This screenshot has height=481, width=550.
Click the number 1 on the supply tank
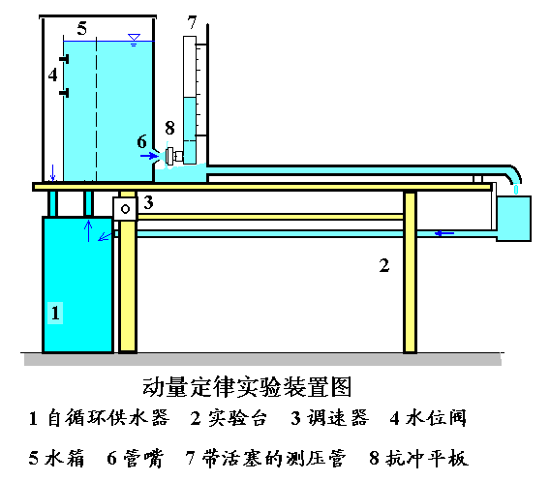coord(55,313)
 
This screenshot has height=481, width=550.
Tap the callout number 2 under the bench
coord(384,265)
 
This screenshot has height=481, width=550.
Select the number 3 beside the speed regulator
coord(148,202)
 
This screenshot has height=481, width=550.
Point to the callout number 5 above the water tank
coord(82,28)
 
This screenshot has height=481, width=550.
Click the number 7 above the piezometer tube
coord(192,22)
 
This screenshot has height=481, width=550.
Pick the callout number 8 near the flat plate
coord(169,128)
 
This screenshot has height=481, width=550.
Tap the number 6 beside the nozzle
coord(141,141)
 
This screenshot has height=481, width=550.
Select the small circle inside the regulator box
coord(125,209)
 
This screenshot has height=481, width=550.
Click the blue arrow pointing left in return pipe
coord(444,233)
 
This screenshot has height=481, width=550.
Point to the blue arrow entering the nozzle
coord(149,155)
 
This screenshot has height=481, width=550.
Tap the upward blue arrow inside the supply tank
coord(88,230)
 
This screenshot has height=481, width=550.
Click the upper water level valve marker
coord(64,59)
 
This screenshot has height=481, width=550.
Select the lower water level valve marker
coord(64,93)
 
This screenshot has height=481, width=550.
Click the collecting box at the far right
coord(513,219)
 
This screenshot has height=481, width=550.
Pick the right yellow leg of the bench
coord(410,272)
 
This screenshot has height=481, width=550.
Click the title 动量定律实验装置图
coord(247,387)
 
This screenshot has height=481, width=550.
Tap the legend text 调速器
coord(338,418)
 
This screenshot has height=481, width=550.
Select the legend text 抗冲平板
coord(427,458)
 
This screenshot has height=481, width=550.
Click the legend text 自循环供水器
coord(108,418)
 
